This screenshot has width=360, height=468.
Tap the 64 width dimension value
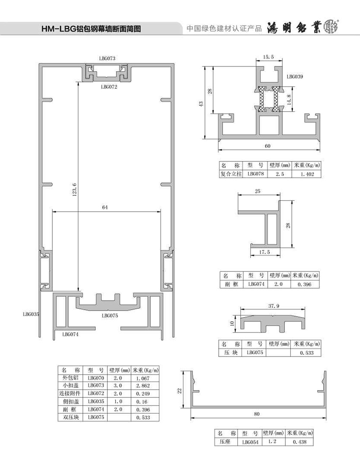[x=105, y=207]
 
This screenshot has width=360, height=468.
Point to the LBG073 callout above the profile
[x=107, y=58]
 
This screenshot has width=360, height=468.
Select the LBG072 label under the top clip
[x=109, y=87]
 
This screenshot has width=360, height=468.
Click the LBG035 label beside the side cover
[x=31, y=314]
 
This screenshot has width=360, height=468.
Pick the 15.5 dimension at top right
[x=268, y=57]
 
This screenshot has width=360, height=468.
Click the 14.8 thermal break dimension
[x=289, y=99]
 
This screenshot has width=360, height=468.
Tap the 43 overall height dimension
[x=201, y=104]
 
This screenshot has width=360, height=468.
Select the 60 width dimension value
[x=267, y=146]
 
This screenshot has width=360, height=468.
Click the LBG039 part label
[x=295, y=77]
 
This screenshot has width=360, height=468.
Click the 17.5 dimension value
[x=264, y=252]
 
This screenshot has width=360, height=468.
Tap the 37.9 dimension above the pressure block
[x=274, y=306]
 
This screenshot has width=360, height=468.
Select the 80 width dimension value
[x=257, y=414]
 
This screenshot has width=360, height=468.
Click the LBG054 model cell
[x=251, y=442]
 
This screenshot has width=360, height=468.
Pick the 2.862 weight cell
[x=143, y=386]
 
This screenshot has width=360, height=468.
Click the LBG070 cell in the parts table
[x=96, y=378]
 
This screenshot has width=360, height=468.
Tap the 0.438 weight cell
[x=300, y=442]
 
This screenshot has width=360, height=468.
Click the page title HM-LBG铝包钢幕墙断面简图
[x=91, y=29]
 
